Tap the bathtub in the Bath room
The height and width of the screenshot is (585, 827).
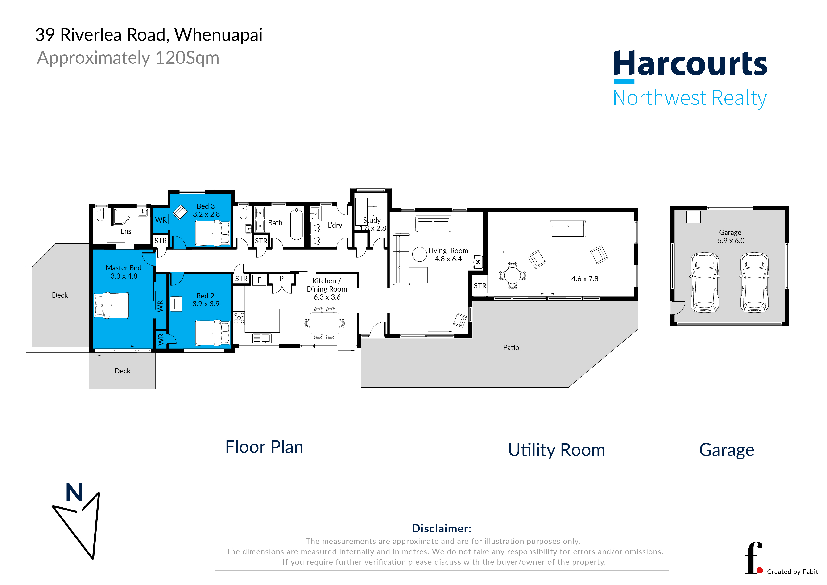click(296, 224)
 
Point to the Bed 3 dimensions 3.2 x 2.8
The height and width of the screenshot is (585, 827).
click(206, 214)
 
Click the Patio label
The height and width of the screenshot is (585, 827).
click(511, 347)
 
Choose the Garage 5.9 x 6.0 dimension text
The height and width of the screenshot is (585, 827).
click(731, 240)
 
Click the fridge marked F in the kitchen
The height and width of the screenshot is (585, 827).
click(259, 280)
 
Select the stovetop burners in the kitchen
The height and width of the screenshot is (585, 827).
click(239, 318)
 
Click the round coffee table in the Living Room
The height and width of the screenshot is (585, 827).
click(419, 254)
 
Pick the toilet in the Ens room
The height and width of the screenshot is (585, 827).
click(100, 214)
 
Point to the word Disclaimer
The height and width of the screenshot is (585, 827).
click(441, 528)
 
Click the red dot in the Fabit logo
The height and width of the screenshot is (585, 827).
click(760, 570)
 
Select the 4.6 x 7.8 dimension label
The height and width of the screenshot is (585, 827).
click(585, 279)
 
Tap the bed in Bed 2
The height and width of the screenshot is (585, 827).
click(212, 333)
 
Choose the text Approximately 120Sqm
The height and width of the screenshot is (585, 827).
click(128, 58)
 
